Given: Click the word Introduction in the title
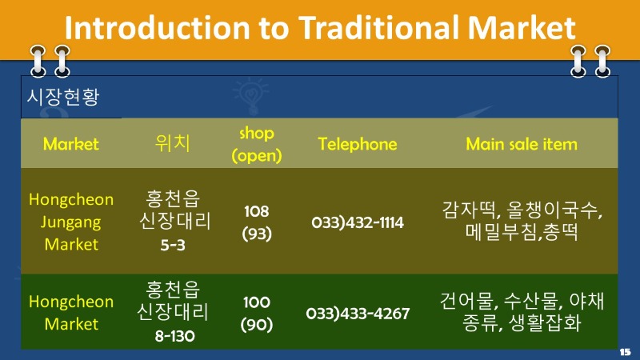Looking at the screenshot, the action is (x=158, y=28).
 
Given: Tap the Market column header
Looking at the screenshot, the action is (x=71, y=144).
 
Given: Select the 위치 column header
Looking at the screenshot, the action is (x=173, y=143).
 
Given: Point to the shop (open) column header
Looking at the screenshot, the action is (x=256, y=144).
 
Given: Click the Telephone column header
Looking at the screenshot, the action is (x=358, y=144).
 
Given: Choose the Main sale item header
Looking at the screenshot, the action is (x=522, y=144).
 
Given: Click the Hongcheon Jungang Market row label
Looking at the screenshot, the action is (x=71, y=222).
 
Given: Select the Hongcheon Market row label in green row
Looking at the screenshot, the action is (x=71, y=312).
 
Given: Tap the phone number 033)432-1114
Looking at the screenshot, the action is (x=358, y=222).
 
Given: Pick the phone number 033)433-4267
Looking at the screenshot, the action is (x=358, y=314).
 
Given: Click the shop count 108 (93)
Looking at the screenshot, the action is (x=256, y=222).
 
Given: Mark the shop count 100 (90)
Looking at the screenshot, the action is (x=256, y=314).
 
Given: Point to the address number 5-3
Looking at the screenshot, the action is (x=173, y=245).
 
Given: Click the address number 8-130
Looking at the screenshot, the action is (x=174, y=336).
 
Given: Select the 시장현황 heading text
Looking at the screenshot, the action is (x=63, y=97).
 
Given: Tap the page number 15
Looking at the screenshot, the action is (x=625, y=351).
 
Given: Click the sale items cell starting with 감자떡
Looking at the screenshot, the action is (x=522, y=221).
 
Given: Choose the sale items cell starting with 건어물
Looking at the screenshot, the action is (x=522, y=312).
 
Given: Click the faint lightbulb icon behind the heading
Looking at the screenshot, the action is (x=251, y=96).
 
